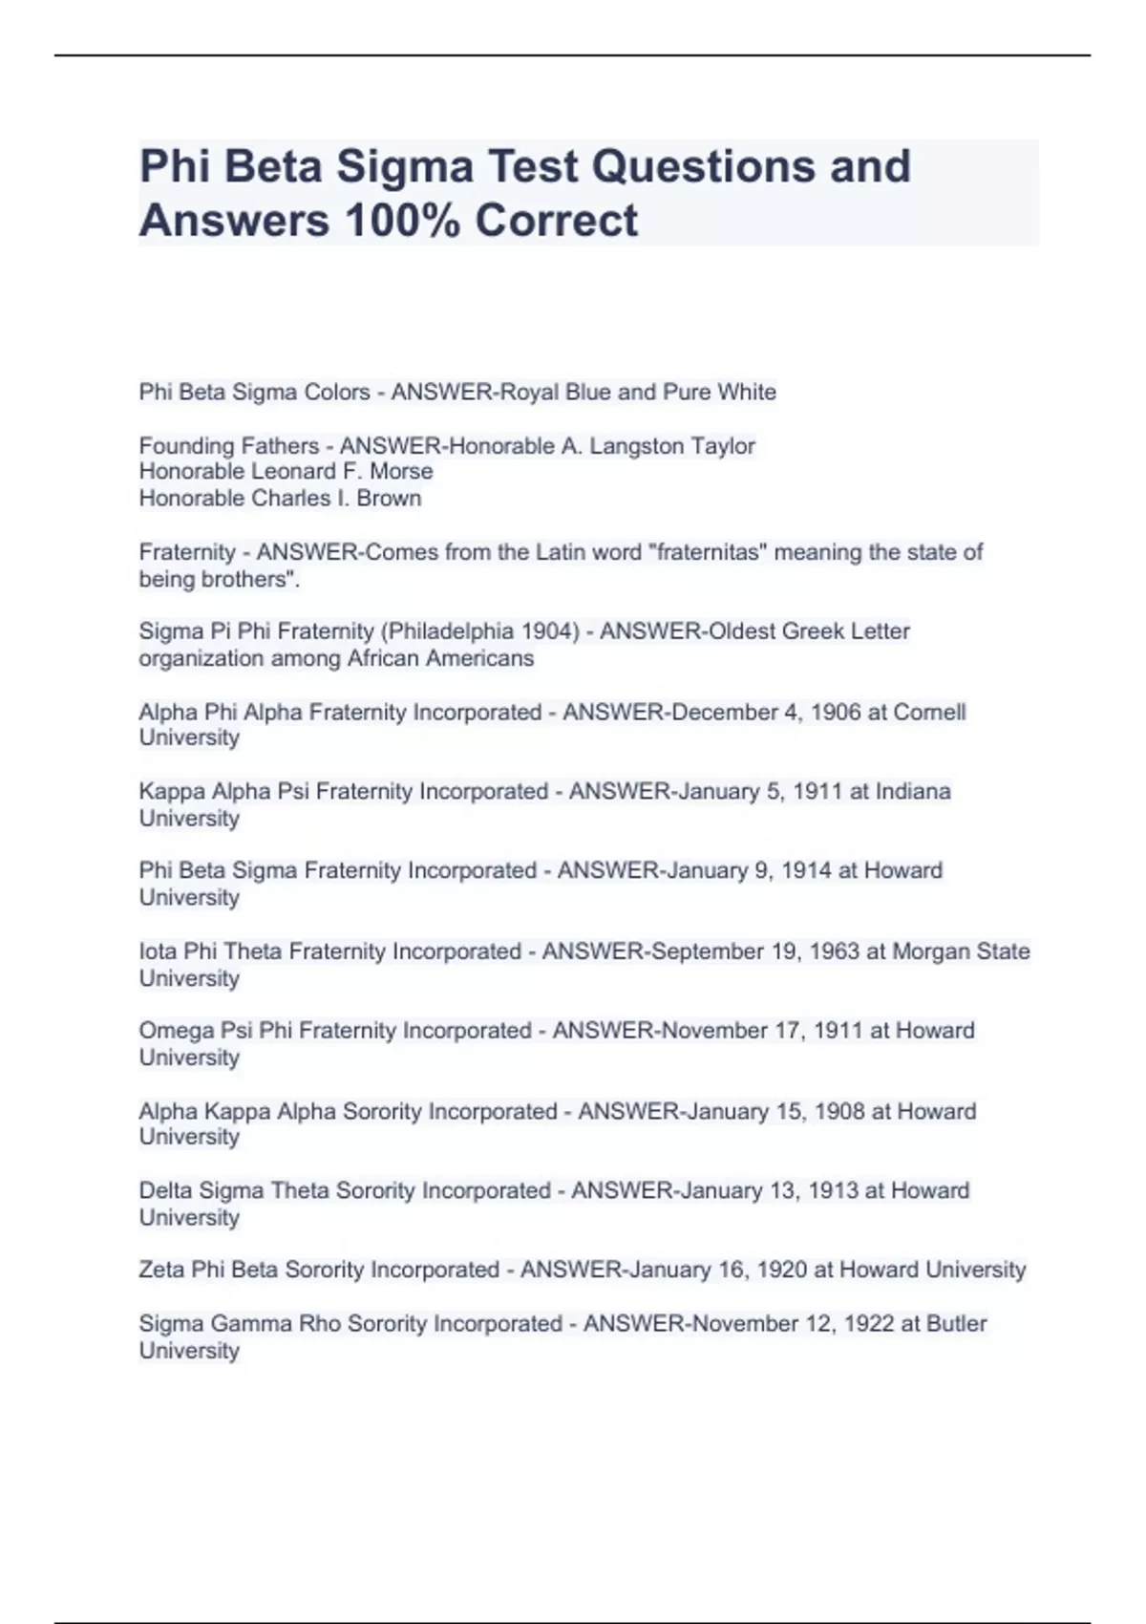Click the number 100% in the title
click(401, 221)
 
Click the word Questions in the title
click(703, 166)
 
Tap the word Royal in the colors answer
click(530, 393)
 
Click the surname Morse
click(403, 472)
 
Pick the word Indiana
click(913, 792)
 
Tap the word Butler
click(957, 1324)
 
